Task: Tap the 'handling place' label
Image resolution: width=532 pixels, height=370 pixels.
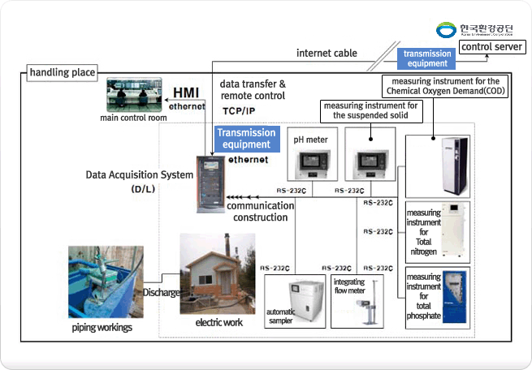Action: coord(63,73)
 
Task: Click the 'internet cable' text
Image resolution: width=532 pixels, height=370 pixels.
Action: coord(326,54)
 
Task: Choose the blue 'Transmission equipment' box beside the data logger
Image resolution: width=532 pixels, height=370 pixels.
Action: coord(243,139)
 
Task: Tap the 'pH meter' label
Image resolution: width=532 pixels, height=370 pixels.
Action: coord(310,140)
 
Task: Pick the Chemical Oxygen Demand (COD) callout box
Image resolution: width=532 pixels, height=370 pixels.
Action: coord(444,87)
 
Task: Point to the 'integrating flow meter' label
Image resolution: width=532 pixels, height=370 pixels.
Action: coord(350,285)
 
